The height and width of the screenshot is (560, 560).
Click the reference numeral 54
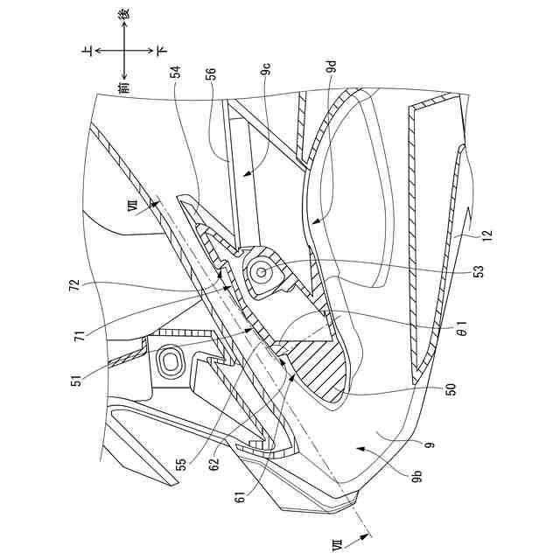[x=177, y=75]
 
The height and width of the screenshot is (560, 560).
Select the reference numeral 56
[x=210, y=75]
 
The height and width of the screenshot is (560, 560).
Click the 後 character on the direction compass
[x=124, y=15]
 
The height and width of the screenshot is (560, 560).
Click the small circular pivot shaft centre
[x=261, y=273]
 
